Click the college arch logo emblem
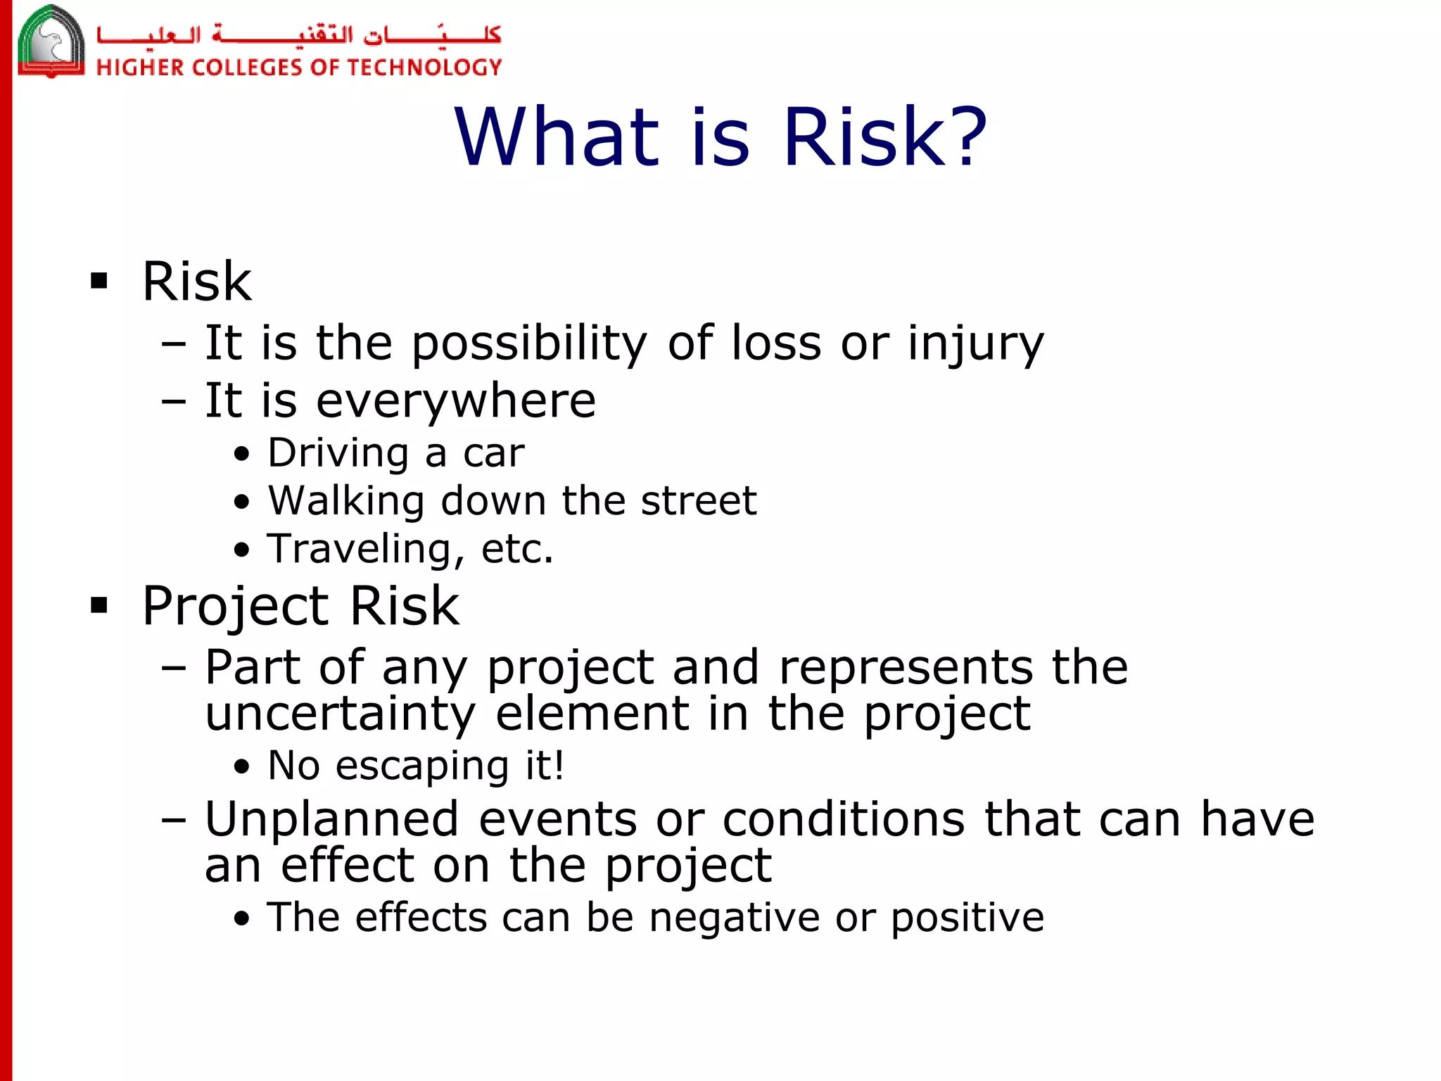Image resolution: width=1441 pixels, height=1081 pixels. click(x=51, y=41)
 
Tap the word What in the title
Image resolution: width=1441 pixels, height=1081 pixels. click(x=556, y=137)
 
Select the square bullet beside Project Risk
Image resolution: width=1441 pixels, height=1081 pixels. click(x=99, y=605)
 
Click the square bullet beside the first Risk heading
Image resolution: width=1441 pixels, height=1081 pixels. click(x=99, y=282)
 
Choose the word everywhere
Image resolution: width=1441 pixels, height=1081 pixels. click(x=456, y=401)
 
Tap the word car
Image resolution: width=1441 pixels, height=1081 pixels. click(x=493, y=453)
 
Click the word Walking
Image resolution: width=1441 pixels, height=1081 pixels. click(x=346, y=501)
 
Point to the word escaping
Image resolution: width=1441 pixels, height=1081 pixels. click(x=422, y=766)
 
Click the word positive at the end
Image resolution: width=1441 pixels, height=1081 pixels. click(x=967, y=918)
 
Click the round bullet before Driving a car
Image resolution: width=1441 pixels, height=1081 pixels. click(x=241, y=454)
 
